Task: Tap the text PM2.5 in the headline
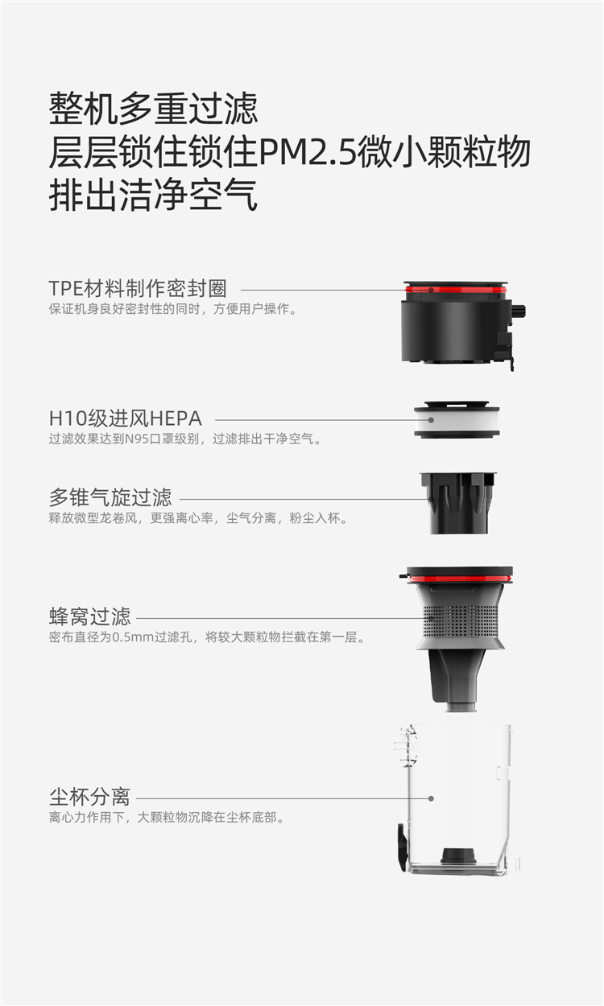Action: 308,152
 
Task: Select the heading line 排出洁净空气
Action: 153,195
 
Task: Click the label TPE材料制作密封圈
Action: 138,288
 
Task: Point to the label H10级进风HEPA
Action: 126,418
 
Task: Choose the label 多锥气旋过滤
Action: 110,497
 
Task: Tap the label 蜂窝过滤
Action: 89,616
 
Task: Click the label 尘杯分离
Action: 89,798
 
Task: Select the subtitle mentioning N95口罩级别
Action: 185,439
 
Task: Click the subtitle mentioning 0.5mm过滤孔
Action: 207,637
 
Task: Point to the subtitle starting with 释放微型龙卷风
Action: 198,517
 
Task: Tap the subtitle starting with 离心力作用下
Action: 167,818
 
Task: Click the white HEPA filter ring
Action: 457,420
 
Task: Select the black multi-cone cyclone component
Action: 458,503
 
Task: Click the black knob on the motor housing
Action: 519,311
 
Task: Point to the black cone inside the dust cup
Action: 458,856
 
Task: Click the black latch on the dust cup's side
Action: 402,847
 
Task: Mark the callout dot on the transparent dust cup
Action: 431,798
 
